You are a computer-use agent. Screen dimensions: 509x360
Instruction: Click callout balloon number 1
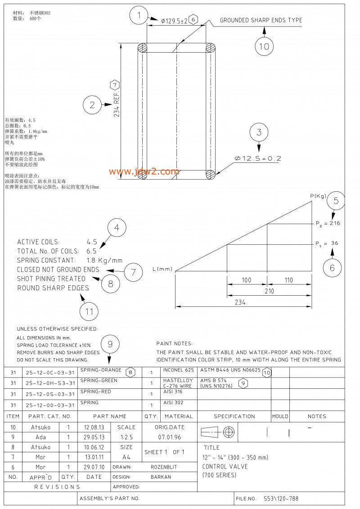139,16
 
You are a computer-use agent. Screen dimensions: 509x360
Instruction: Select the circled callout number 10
264,46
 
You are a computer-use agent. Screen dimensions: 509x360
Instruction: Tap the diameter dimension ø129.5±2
174,20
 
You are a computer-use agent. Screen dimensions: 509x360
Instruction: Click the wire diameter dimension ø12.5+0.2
258,158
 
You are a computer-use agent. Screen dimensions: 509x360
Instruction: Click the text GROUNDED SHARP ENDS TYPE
261,20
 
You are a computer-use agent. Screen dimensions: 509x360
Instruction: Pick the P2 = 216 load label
328,223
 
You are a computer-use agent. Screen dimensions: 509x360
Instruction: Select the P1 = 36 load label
327,243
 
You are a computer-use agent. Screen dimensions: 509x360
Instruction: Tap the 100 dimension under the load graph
246,280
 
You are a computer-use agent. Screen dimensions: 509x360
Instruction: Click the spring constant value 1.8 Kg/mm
104,260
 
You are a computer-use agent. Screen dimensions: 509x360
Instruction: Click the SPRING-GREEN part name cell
99,381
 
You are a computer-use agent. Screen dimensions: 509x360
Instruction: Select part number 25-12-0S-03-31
50,394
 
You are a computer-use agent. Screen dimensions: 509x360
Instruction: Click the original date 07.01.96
169,437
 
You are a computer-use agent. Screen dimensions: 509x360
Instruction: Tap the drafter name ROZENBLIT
164,467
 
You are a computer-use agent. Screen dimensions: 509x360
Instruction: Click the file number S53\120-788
281,499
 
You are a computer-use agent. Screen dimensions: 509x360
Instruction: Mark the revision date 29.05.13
94,437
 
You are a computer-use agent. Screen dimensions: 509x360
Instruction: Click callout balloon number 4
117,228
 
